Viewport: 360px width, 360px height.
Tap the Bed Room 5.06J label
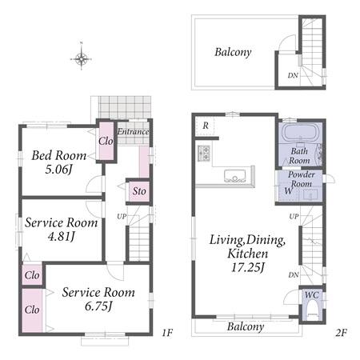pos(59,162)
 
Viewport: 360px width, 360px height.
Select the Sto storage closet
pos(139,191)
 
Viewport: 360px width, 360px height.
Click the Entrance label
pos(133,131)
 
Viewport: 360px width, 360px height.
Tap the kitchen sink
pos(234,176)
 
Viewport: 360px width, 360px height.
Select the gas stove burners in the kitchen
pos(204,154)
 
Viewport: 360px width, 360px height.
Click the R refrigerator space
pos(205,126)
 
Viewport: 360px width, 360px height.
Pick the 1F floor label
pos(167,333)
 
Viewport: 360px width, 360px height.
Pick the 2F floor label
pos(341,333)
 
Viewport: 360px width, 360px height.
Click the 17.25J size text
pos(248,267)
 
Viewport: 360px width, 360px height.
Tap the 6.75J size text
pos(98,306)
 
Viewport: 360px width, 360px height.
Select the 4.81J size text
pos(62,236)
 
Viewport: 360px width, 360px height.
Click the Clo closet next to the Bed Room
pos(106,141)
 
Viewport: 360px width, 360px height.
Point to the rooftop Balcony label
pos(233,52)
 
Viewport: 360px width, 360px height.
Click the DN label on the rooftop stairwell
pos(293,75)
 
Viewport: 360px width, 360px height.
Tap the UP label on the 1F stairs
pos(122,216)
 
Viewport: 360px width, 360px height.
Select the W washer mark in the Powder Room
pos(289,191)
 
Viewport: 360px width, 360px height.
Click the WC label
pos(312,294)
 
